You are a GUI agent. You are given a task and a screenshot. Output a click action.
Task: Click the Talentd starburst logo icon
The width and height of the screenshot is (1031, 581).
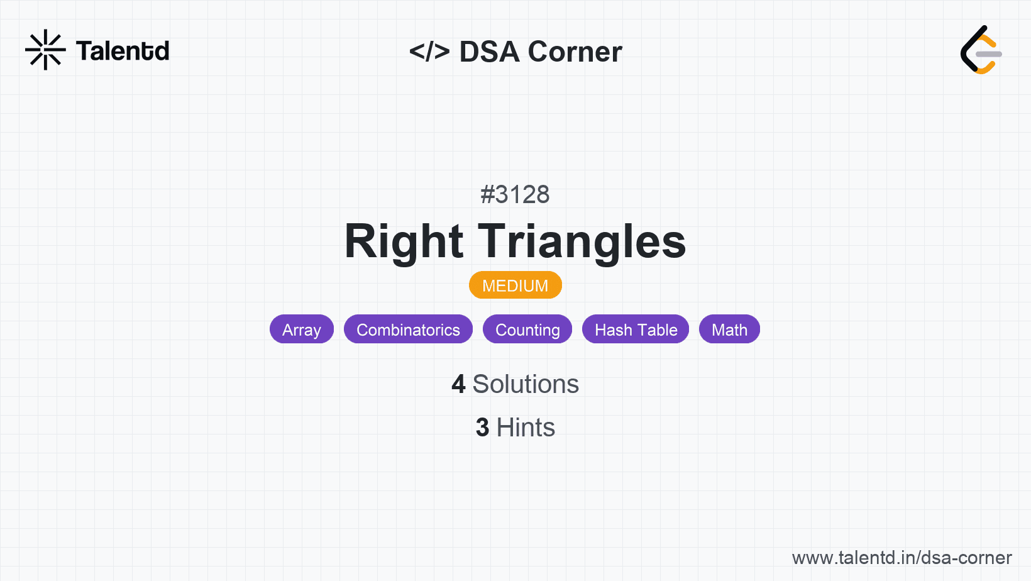pos(45,50)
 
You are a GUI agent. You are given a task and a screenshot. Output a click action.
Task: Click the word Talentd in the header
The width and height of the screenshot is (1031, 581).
pos(123,51)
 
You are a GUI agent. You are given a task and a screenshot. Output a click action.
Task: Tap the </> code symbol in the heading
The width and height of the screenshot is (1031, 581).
pos(429,51)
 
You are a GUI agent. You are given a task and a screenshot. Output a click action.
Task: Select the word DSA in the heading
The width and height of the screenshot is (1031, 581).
pos(489,52)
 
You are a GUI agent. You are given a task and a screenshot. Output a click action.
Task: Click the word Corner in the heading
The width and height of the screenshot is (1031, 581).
pos(575,52)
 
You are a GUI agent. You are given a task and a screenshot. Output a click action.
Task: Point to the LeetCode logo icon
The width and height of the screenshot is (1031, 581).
pos(981,50)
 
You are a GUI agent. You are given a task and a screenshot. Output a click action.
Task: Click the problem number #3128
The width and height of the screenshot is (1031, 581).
pos(515,194)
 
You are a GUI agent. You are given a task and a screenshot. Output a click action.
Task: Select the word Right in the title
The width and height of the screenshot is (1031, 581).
pos(404,241)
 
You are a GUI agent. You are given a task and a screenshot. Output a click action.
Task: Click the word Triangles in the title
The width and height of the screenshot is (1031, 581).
pos(582,241)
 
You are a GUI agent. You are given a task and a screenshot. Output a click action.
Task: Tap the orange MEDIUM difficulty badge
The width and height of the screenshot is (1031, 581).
pos(515,285)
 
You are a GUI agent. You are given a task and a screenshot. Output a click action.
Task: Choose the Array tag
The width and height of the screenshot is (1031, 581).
pos(302,329)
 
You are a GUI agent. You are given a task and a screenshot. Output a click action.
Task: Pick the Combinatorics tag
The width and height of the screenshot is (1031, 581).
pos(408,329)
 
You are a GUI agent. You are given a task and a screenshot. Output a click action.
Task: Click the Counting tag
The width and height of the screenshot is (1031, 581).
pos(527,329)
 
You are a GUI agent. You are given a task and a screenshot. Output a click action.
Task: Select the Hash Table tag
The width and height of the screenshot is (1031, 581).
pos(636,329)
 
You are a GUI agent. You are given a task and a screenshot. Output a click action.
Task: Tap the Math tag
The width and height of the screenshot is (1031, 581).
pos(729,329)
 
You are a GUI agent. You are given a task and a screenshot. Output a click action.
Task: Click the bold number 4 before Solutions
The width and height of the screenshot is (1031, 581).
pos(458,384)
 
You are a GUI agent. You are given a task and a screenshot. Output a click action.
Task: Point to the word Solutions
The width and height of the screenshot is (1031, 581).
pos(526,384)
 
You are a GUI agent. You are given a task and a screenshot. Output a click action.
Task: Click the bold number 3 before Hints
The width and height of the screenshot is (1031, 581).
pos(482,427)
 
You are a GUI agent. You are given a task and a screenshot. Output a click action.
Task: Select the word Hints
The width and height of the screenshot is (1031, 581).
pos(526,427)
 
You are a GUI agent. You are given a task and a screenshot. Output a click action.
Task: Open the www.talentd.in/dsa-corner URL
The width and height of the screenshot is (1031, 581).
pos(901,558)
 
